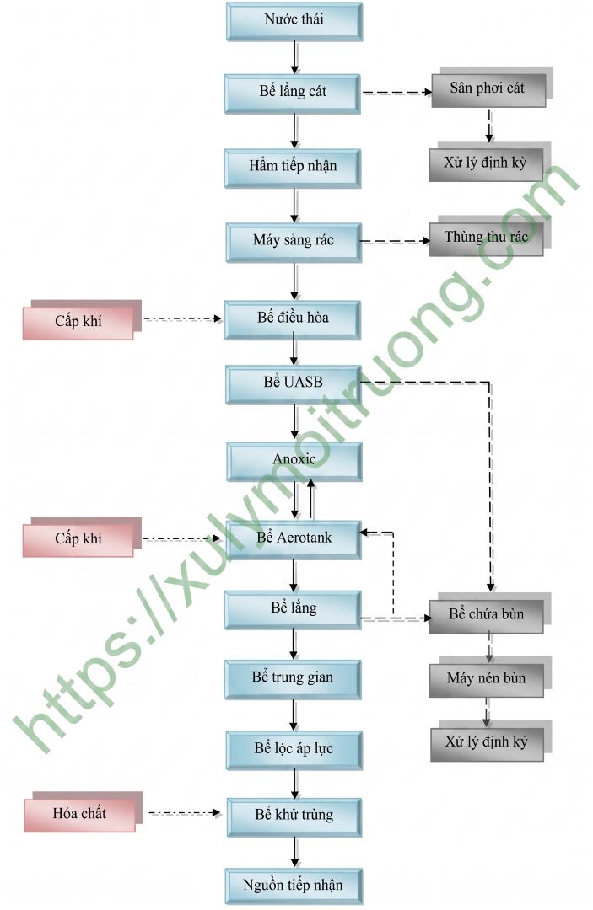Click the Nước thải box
click(x=294, y=21)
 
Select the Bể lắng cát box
click(x=294, y=93)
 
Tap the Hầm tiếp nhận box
click(x=294, y=167)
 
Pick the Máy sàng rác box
click(x=294, y=241)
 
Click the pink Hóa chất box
click(x=80, y=814)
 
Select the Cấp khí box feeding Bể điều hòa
click(x=78, y=322)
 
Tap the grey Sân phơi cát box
click(x=488, y=89)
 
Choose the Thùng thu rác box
click(x=487, y=238)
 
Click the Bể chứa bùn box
click(x=487, y=615)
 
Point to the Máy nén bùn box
click(x=487, y=679)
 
